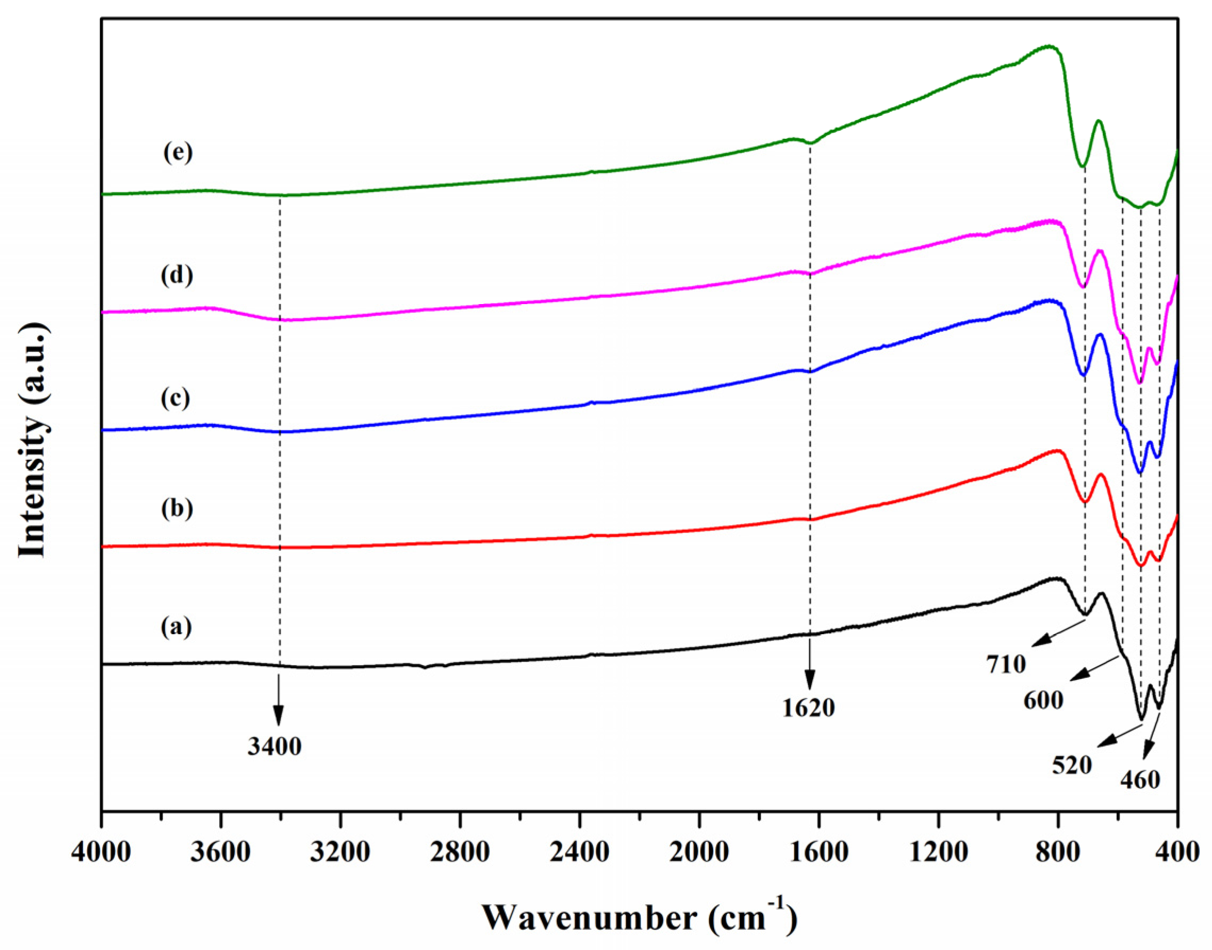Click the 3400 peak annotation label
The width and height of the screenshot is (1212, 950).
click(x=274, y=746)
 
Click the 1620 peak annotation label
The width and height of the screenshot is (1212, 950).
click(x=808, y=708)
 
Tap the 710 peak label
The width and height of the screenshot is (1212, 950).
click(x=1006, y=664)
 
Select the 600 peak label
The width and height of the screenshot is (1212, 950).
click(x=1043, y=700)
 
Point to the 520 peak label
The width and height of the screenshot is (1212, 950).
click(x=1072, y=766)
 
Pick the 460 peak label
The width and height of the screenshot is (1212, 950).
click(x=1140, y=779)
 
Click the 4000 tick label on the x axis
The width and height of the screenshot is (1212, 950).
click(x=101, y=852)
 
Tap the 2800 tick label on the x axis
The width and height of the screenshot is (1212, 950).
click(x=459, y=852)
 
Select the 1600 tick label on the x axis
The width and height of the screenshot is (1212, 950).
click(x=818, y=852)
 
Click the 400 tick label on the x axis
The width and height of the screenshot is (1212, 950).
click(x=1176, y=852)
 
